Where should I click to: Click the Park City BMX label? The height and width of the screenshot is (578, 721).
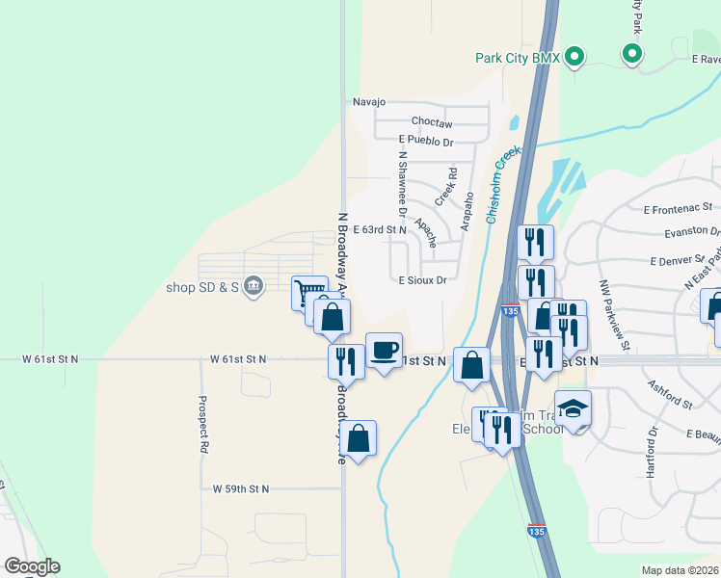coord(518,58)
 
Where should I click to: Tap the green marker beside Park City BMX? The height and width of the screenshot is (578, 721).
coord(574,57)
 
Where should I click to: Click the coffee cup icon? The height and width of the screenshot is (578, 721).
coord(384,349)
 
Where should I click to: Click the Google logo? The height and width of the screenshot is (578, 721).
coord(32,566)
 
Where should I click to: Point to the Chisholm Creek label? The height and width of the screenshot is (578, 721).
coord(503,184)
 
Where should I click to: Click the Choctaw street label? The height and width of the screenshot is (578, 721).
coord(431,123)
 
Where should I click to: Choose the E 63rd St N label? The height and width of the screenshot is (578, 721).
coord(380,230)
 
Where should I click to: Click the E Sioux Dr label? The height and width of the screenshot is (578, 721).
coord(422,280)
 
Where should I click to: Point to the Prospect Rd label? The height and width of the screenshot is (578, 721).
coord(203,425)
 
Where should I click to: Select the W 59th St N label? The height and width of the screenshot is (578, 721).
coord(241,488)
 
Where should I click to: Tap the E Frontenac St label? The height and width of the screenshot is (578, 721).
coord(678,208)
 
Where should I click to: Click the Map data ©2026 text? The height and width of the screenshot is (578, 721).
coord(680,570)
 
